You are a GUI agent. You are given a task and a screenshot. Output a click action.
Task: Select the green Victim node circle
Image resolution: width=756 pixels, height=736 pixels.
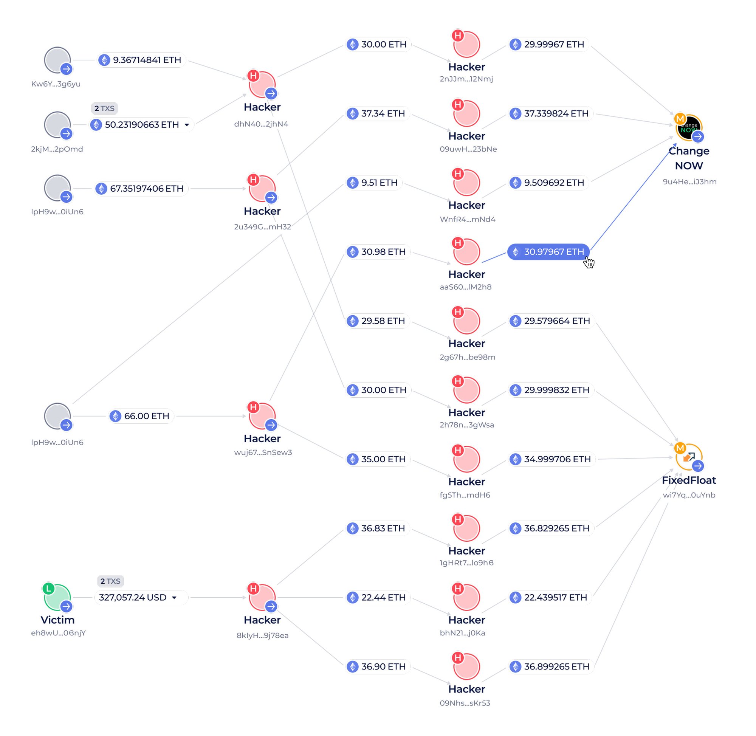[x=57, y=597]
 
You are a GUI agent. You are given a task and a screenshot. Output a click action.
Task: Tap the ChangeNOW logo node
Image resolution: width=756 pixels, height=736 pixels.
[x=688, y=127]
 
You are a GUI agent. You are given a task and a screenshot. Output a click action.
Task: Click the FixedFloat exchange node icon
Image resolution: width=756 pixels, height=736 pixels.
[x=688, y=457]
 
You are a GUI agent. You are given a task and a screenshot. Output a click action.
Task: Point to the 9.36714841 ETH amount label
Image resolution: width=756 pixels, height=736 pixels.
[x=141, y=60]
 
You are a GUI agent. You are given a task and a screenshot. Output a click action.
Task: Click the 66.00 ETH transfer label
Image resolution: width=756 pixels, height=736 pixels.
[x=141, y=416]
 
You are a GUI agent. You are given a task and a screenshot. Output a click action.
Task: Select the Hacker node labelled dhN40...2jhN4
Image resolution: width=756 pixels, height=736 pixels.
[x=262, y=84]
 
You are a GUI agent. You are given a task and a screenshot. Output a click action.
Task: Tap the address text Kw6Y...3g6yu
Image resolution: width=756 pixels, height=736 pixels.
[x=56, y=84]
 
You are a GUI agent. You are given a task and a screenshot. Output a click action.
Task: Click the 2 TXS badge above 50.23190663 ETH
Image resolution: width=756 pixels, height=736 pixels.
[x=104, y=108]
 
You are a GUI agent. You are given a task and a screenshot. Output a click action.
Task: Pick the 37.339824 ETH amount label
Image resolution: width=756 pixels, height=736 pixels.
[x=550, y=114]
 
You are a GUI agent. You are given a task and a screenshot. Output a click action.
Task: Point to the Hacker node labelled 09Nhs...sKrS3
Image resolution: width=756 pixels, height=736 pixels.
[x=466, y=666]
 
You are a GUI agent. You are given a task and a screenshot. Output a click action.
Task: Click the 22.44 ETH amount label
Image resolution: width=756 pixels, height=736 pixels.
[x=378, y=597]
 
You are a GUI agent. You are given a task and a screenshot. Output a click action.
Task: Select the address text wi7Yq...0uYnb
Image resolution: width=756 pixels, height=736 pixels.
[x=689, y=495]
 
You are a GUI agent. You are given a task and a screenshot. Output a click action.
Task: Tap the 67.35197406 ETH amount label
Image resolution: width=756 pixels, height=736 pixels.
[x=141, y=189]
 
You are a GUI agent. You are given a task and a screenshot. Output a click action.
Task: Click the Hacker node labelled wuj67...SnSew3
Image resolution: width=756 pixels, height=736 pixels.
[x=262, y=416]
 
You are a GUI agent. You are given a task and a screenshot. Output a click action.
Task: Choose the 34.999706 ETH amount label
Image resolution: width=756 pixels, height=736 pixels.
[x=552, y=459]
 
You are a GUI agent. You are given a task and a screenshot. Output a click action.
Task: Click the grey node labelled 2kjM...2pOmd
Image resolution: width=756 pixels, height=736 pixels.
[x=57, y=124]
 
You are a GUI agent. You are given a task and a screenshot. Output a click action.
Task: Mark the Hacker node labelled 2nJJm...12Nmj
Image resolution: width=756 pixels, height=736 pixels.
[x=466, y=45]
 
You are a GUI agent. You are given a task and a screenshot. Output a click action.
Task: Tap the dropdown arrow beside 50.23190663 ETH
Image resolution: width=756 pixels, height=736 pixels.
[x=187, y=125]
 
